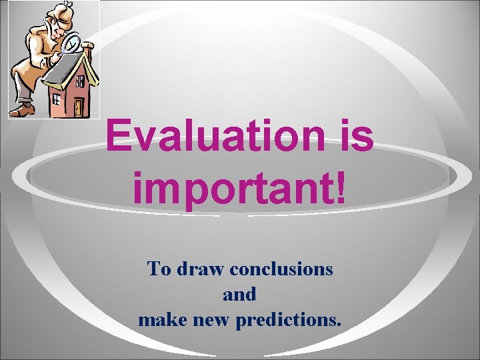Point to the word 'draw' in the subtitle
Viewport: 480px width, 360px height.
click(201, 269)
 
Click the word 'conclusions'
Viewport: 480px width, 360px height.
click(282, 269)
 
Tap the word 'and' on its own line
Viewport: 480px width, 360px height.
click(239, 294)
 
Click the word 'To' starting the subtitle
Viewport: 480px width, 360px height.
click(159, 269)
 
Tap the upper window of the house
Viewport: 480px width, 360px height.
click(81, 81)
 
